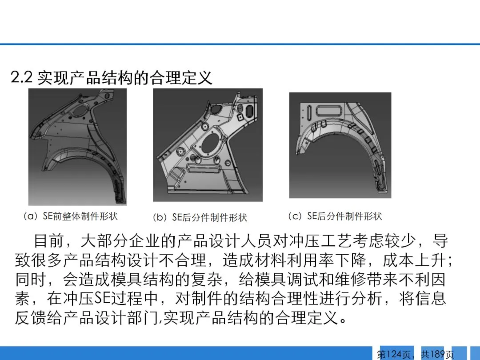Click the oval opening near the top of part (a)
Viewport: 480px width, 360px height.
80,110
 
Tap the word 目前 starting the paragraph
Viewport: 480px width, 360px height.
49,241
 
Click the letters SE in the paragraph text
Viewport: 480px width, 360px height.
102,298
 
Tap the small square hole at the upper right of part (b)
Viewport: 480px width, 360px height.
241,117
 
